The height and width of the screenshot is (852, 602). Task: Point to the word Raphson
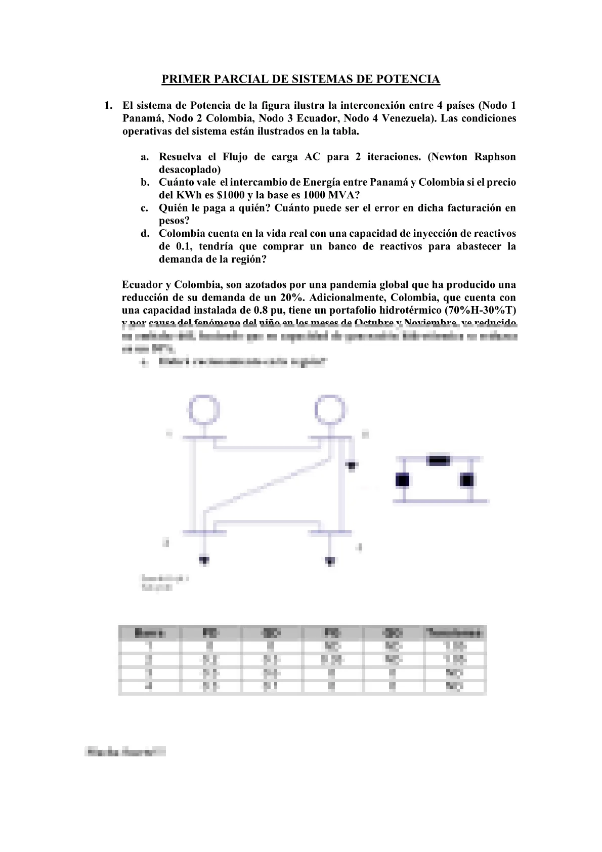coord(495,157)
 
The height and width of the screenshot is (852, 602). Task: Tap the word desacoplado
coord(190,169)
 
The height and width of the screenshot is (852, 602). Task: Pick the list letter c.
coord(144,208)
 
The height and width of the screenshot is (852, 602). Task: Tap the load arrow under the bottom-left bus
coord(204,560)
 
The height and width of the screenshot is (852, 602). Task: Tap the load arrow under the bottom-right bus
coord(330,561)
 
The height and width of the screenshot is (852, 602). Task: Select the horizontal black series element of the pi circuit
coord(438,460)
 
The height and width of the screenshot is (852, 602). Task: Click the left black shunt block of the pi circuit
coord(402,480)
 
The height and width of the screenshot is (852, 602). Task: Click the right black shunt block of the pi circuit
coord(466,480)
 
